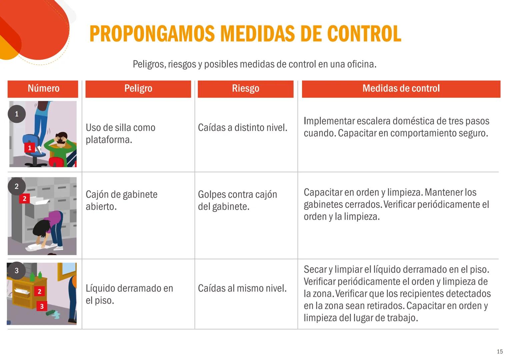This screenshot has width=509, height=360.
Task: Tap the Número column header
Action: [x=43, y=88]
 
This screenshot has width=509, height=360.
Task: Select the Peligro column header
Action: [x=138, y=88]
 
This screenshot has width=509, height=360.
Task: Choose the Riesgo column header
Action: [x=245, y=88]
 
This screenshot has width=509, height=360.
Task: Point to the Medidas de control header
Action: [x=401, y=88]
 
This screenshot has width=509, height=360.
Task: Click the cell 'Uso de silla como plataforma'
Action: [x=120, y=133]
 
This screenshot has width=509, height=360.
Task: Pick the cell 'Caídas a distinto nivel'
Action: [x=242, y=128]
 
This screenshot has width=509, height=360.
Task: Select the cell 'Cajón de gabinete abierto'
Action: [x=121, y=200]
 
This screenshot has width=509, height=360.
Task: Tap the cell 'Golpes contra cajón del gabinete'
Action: [x=237, y=200]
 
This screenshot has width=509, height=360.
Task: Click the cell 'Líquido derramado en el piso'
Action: [x=129, y=294]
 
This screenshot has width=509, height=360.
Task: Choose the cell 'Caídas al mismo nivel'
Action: [x=242, y=288]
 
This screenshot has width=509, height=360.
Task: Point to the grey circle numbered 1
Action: [x=17, y=114]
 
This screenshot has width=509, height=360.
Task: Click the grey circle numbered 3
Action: [x=17, y=270]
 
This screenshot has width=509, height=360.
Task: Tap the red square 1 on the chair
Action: [x=30, y=148]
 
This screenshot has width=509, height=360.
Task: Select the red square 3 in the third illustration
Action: [x=42, y=306]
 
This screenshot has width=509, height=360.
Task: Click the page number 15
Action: [x=499, y=352]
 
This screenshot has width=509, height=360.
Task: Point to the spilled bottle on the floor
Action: [x=52, y=313]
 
